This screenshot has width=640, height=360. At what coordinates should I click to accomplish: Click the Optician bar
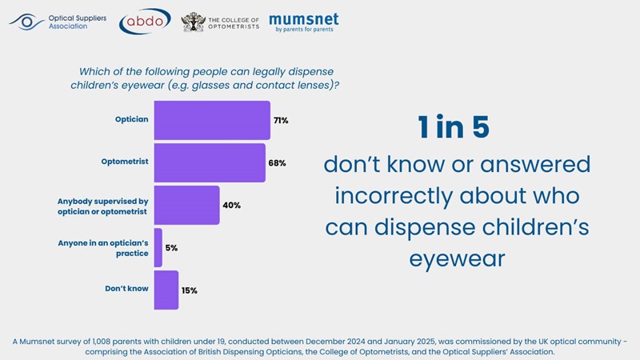[x=211, y=120]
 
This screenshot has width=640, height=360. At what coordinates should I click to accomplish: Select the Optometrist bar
[x=209, y=162]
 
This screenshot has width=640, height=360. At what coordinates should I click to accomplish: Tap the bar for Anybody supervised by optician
[x=186, y=205]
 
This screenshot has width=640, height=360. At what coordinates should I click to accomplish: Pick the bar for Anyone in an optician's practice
[x=158, y=247]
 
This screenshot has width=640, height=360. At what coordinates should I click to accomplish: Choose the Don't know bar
[x=166, y=290]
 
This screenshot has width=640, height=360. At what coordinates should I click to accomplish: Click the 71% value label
[x=280, y=120]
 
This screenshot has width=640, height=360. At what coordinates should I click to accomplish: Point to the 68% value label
[x=277, y=162]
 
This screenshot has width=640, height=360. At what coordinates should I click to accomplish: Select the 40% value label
[x=231, y=205]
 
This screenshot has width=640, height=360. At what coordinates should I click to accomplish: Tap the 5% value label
[x=171, y=248]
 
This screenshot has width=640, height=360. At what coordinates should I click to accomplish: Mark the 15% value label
[x=188, y=290]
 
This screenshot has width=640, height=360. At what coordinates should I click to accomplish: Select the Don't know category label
[x=126, y=288]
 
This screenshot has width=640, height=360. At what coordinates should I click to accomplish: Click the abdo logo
[x=144, y=22]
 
